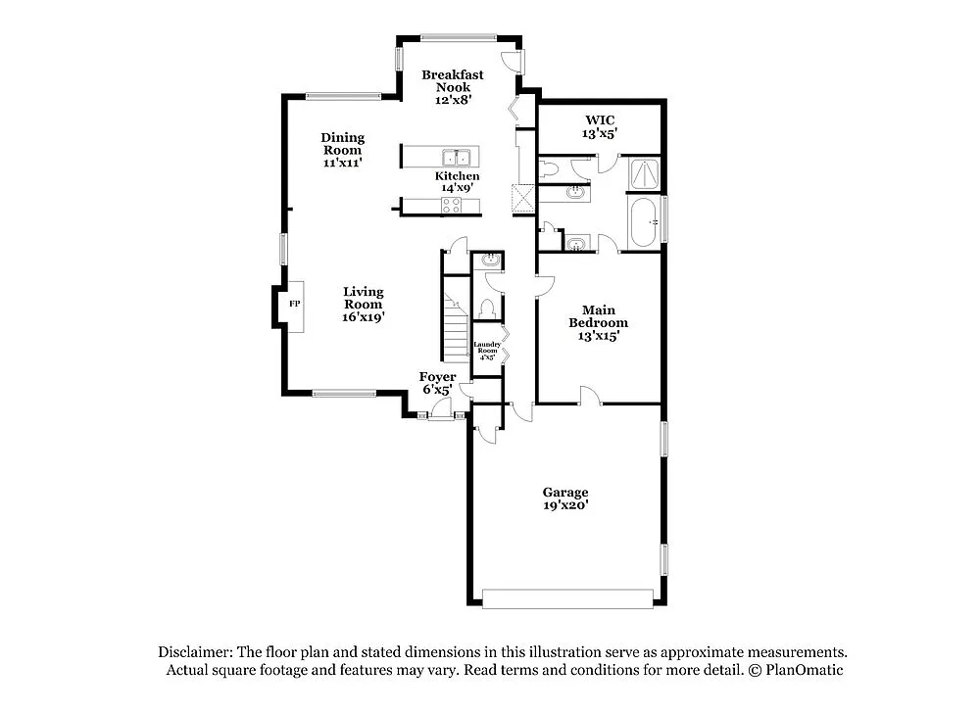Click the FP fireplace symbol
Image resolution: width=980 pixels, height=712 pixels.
[293, 304]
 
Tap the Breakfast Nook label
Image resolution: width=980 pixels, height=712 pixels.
[452, 87]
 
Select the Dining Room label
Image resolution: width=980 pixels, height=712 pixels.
[342, 150]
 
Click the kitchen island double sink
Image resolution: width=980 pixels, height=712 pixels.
[457, 158]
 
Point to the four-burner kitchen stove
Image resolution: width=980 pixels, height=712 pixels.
[452, 205]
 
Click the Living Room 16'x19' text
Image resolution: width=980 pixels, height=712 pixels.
[363, 304]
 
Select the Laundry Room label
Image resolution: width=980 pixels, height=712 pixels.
[487, 351]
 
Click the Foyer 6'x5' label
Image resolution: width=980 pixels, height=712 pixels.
[437, 383]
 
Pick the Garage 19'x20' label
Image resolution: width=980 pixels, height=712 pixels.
[566, 498]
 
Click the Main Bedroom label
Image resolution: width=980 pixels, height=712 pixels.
[598, 321]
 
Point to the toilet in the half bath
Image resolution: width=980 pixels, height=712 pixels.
[487, 307]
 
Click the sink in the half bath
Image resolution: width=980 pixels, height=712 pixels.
[488, 261]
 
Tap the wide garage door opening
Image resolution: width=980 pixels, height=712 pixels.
[567, 598]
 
